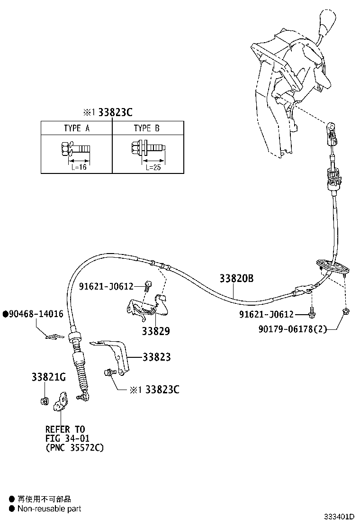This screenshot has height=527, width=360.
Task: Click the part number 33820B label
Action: (236, 279)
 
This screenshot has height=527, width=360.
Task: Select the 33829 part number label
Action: (155, 331)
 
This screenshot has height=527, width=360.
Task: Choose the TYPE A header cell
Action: (76, 128)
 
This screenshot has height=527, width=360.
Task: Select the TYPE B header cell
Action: (146, 128)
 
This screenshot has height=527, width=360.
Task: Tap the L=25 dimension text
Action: (153, 167)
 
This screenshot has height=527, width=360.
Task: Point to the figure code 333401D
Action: (339, 516)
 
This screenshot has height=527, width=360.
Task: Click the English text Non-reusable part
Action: (49, 509)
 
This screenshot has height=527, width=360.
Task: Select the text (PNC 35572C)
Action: (74, 447)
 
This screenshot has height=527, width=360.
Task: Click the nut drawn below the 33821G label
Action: (44, 401)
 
